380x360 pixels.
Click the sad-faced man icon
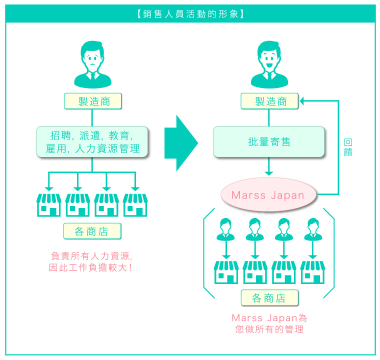click(x=92, y=64)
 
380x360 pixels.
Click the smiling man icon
click(x=269, y=64)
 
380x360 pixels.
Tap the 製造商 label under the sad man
click(x=93, y=101)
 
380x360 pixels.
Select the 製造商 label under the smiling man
click(x=269, y=101)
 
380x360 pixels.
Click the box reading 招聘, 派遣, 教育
click(x=92, y=142)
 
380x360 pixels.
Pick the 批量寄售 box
click(x=269, y=142)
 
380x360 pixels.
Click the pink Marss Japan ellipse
click(x=268, y=194)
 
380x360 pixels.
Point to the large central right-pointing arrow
click(x=181, y=143)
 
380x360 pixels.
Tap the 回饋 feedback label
click(x=348, y=147)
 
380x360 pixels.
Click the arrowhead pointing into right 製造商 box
click(x=302, y=101)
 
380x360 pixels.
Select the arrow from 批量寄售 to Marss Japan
click(x=269, y=166)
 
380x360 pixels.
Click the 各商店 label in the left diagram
click(x=92, y=231)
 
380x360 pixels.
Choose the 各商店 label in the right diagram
click(x=269, y=298)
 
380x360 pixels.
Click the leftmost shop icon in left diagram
click(x=48, y=205)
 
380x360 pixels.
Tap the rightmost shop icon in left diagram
click(x=135, y=205)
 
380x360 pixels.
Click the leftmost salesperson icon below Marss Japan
click(x=225, y=229)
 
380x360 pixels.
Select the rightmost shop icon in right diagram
click(x=312, y=272)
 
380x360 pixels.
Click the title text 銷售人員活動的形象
click(x=190, y=14)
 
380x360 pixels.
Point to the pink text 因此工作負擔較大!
click(x=90, y=267)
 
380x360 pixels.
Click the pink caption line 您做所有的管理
click(x=269, y=329)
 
